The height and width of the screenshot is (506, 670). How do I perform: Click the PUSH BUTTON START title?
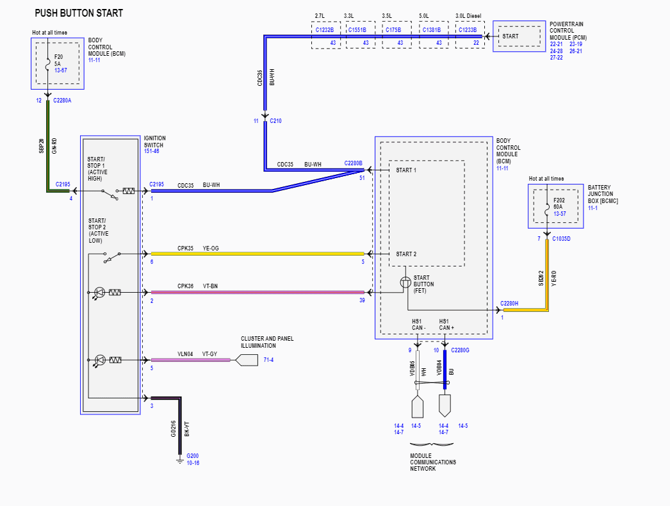[79, 13]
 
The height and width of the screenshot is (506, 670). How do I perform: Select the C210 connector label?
[275, 120]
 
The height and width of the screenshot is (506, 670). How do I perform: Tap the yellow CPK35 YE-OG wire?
[256, 254]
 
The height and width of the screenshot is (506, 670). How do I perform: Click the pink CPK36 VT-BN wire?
[256, 292]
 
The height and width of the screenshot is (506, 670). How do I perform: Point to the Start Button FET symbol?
[406, 282]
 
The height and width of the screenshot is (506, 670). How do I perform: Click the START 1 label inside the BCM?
[406, 170]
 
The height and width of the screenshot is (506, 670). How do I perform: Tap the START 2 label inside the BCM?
[406, 254]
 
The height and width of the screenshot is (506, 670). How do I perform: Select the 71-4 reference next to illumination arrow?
[268, 360]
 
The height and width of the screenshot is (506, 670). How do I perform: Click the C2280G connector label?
[460, 350]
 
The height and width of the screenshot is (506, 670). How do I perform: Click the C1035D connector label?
[560, 239]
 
